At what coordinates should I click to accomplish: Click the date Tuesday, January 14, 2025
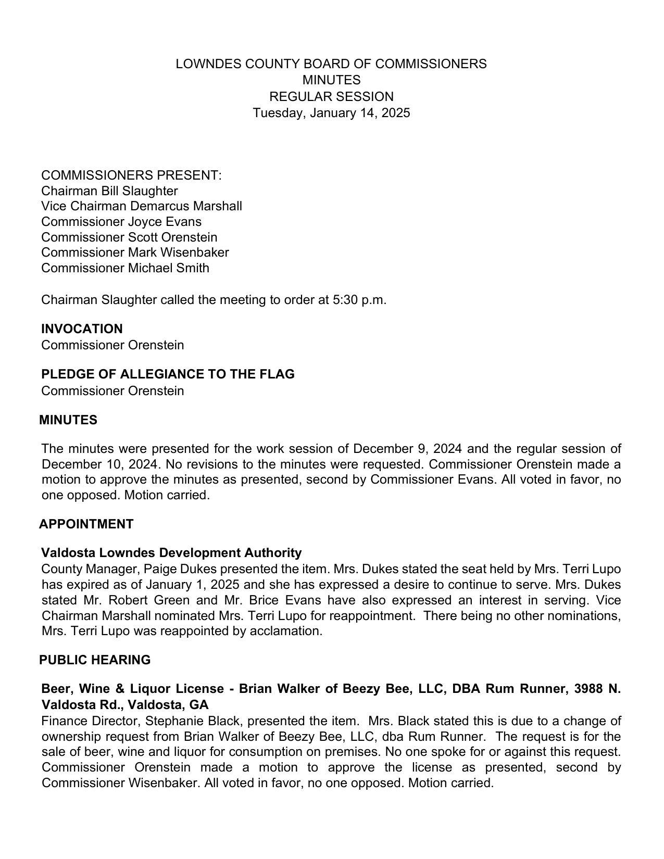click(331, 113)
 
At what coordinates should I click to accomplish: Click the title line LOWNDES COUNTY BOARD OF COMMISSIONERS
click(331, 64)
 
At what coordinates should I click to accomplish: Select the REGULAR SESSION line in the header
click(331, 97)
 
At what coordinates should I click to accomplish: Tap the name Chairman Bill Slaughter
click(109, 191)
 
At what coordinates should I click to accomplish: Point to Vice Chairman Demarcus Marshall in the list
click(142, 206)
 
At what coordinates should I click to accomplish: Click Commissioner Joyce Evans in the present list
click(121, 222)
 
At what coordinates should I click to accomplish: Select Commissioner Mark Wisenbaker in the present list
click(135, 252)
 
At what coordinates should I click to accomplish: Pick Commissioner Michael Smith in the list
click(125, 268)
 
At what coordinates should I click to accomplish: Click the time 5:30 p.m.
click(359, 300)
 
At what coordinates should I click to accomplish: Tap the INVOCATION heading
click(82, 329)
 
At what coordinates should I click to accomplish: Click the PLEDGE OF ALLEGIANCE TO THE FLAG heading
click(168, 374)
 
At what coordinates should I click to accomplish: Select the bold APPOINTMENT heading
click(86, 524)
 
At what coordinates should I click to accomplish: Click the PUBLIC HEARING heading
click(95, 660)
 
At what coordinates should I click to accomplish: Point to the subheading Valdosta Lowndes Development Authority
click(171, 553)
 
